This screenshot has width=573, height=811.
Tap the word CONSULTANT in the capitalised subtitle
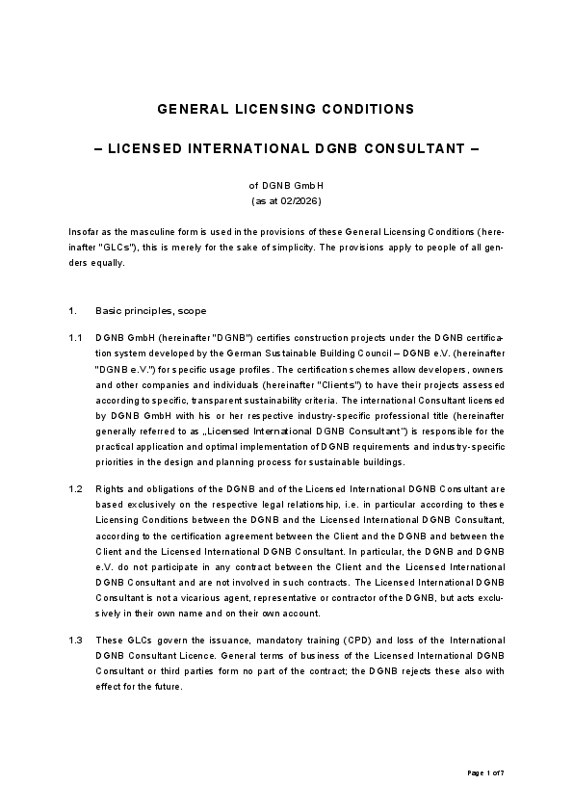point(405,149)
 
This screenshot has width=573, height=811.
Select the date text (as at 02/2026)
point(286,201)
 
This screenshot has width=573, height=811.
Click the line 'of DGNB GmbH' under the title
point(286,186)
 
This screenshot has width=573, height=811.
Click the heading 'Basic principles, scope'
point(150,311)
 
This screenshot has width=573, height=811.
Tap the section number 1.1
point(75,339)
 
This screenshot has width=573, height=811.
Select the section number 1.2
point(75,489)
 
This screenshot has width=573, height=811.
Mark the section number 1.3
point(75,641)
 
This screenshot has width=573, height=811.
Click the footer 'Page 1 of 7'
point(485,772)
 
